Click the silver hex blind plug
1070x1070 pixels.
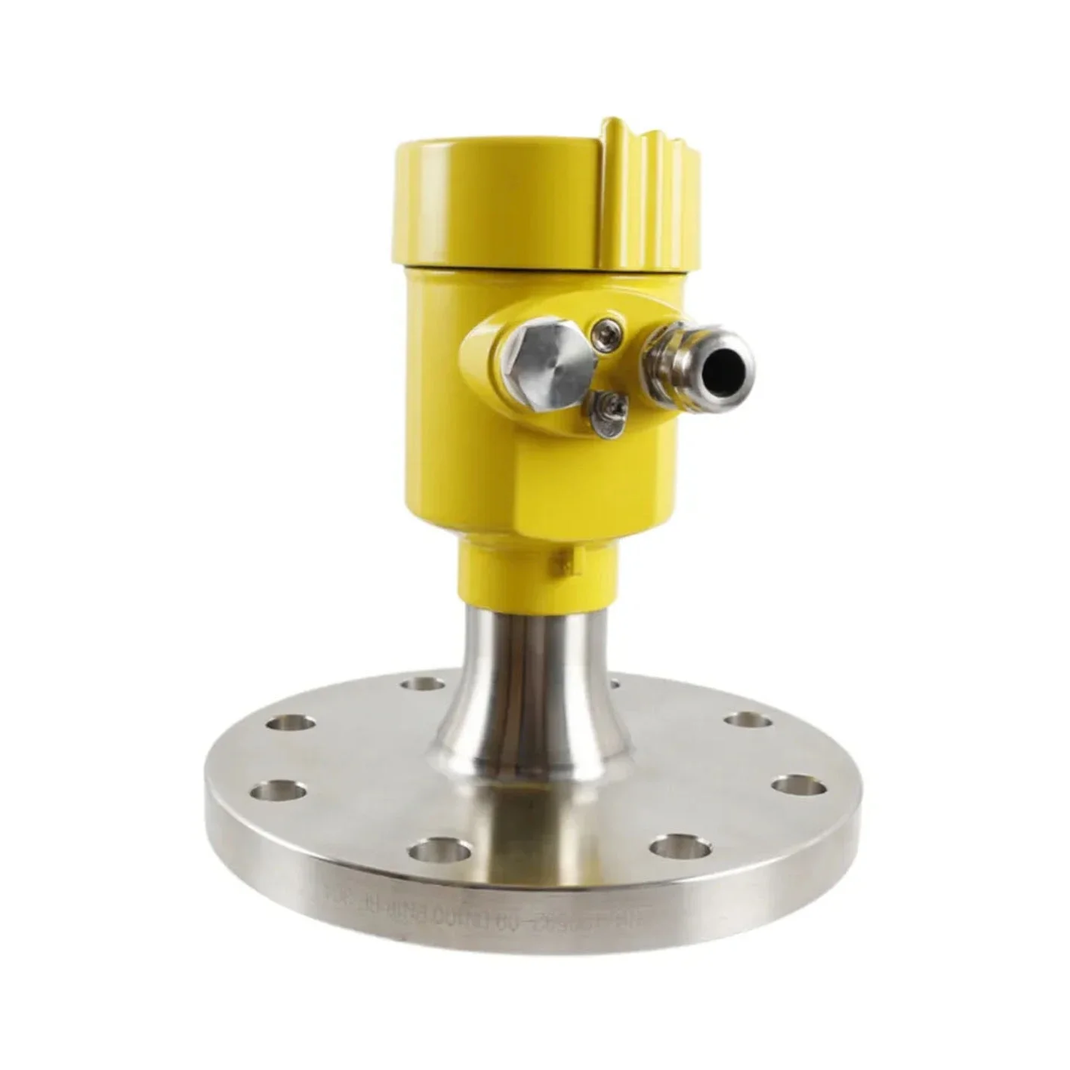(546, 360)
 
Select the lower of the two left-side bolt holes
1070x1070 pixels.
(278, 791)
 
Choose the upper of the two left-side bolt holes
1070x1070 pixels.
(291, 723)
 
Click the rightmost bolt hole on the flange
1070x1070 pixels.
(799, 785)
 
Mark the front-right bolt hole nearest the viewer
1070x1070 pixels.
(680, 846)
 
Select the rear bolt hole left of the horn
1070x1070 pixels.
(423, 684)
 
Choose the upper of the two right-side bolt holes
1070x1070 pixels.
(748, 720)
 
